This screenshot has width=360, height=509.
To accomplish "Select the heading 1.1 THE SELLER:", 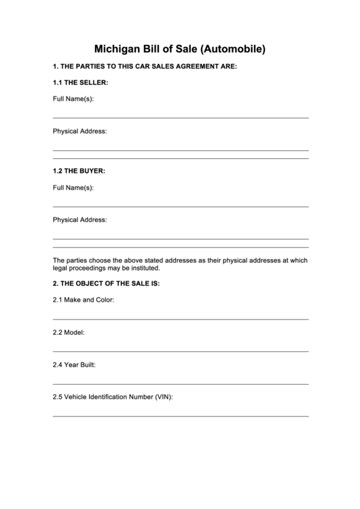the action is coord(80,82).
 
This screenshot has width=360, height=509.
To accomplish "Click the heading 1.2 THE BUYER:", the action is coord(79,171).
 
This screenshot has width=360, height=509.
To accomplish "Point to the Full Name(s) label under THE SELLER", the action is coord(73,99).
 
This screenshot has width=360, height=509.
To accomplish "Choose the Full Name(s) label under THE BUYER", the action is coord(73,187).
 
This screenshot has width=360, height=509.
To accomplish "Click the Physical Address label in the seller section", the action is coord(79,131).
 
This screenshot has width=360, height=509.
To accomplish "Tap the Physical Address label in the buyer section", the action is coord(79,220).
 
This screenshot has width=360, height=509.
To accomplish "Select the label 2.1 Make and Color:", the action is coord(84,300).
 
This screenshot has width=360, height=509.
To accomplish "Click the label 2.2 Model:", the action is coord(69,332).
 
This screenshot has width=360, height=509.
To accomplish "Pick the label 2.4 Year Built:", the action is coord(74,365).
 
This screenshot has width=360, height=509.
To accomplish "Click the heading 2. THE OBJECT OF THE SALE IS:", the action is coord(106,283).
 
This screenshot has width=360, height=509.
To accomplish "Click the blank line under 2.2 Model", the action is coord(180,351).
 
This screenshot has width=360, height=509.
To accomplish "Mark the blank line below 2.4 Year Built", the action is coord(180,384).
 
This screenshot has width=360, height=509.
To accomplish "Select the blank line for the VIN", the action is coord(180,416).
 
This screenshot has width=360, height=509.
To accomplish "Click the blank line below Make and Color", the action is coord(180,319).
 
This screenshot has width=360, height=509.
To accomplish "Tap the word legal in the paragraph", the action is coord(61,268).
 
